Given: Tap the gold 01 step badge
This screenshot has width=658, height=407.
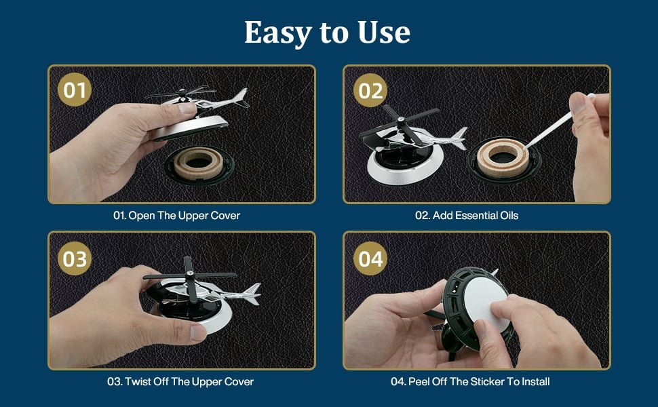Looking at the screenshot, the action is (x=74, y=90).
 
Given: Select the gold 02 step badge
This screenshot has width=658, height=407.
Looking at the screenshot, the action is (x=370, y=90).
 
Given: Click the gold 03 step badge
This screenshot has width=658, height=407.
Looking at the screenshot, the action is (x=74, y=258).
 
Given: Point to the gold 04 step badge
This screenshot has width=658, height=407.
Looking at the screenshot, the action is (x=370, y=258).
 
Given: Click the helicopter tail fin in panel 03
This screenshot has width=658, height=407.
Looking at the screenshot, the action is (x=252, y=293).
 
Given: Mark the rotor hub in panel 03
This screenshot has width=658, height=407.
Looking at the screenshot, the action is (x=189, y=275).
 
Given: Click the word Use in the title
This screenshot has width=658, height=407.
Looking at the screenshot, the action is (x=384, y=33).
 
